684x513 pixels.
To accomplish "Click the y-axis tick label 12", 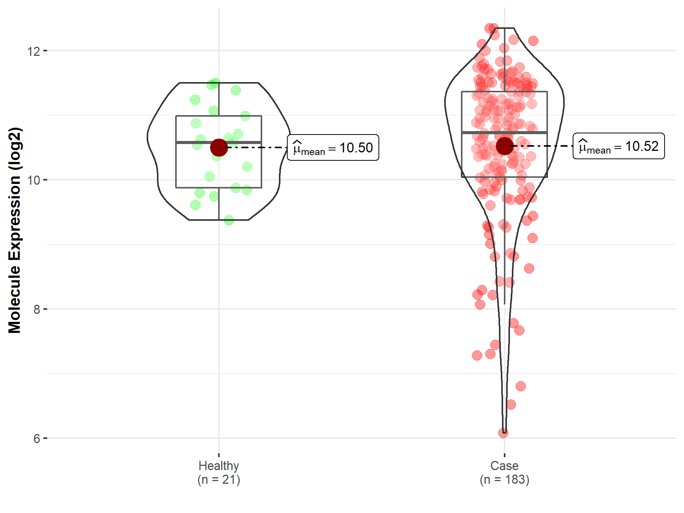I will coord(33,51).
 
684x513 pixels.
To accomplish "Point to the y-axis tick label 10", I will coord(33,180).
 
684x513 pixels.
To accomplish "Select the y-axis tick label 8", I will coord(36,309).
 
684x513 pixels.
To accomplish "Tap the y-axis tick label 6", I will coord(36,439).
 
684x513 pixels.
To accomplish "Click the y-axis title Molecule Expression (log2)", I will coord(14,230).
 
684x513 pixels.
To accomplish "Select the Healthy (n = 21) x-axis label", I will coord(218,472).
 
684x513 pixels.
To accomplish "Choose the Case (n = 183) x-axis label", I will coord(504,472).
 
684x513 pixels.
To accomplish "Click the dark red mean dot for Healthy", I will coord(219,147).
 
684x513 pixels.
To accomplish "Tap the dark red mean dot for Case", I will coord(505,146).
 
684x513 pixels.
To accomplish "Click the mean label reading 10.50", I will coord(333,147).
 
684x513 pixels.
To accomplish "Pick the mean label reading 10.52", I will coord(619,146).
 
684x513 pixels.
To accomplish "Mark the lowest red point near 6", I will coord(503,433).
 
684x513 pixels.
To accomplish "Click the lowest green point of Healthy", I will coord(229,220).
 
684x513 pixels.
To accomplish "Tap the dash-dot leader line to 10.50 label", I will coord(258,147).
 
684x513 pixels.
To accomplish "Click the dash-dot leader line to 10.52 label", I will coord(543,146).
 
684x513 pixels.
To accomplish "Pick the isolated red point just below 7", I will coord(521,386).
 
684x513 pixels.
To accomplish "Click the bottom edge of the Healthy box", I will coord(198,187).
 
